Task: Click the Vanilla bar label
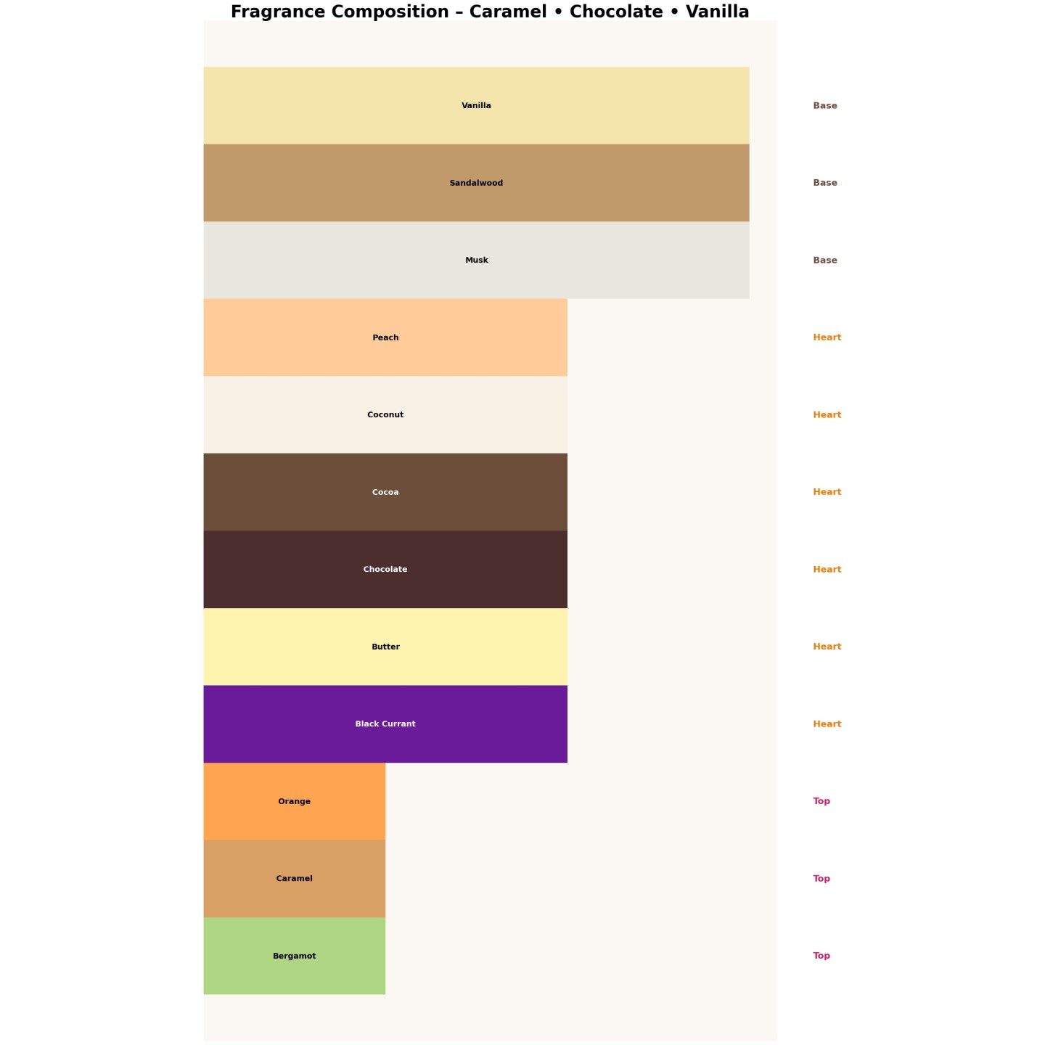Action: (476, 106)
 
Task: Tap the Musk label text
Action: (476, 261)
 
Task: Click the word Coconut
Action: (385, 415)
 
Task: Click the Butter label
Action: (385, 647)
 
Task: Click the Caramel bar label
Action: (294, 879)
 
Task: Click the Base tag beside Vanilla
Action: (825, 106)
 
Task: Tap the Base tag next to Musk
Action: (825, 261)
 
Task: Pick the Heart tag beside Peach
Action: (827, 337)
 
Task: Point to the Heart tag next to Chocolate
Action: (827, 570)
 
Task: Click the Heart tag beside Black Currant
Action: (827, 724)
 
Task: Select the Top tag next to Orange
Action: (821, 801)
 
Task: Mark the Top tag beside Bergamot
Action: (821, 956)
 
